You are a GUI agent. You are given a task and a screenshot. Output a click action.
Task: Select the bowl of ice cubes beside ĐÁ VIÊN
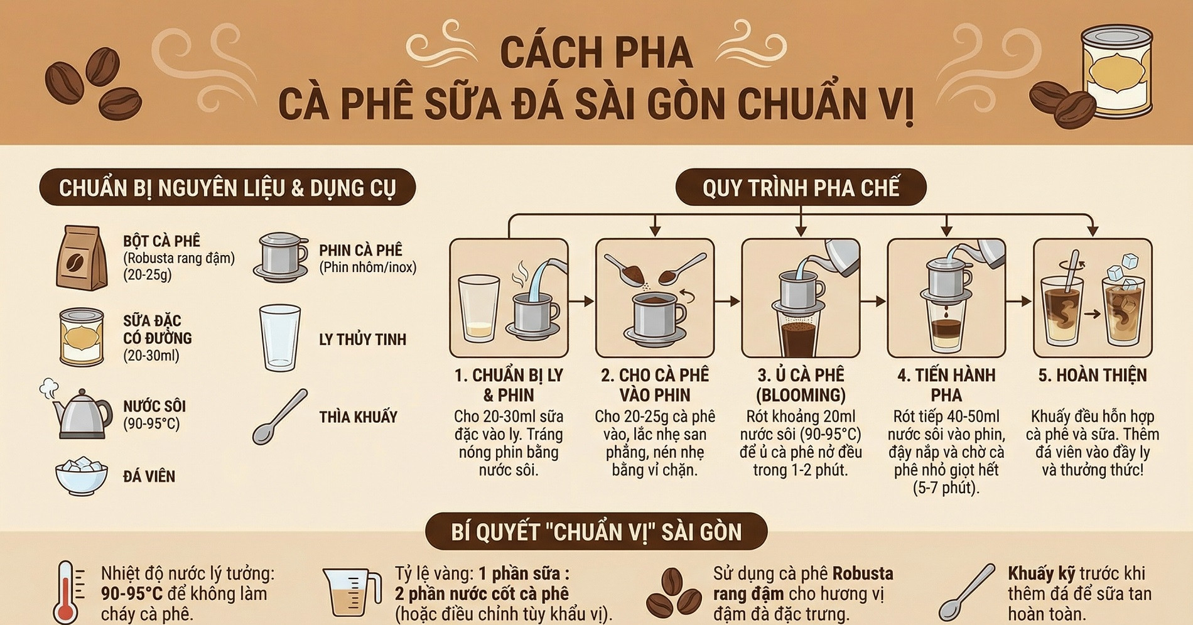tap(81, 477)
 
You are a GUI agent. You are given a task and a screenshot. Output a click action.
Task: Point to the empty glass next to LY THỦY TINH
tap(279, 338)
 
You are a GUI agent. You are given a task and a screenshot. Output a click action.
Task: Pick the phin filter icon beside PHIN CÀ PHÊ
tap(281, 257)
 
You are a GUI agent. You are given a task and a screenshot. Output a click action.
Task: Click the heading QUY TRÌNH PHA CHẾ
tap(801, 188)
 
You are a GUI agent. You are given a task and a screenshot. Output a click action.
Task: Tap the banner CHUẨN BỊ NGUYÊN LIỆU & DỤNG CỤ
tap(227, 188)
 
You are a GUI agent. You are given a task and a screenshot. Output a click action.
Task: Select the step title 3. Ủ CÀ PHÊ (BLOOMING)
tap(801, 385)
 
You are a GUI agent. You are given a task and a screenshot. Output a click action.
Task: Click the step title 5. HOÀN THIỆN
tap(1092, 376)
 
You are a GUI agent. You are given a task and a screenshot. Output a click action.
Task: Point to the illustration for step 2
tap(655, 298)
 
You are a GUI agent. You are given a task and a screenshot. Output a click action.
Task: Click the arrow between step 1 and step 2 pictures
tap(582, 302)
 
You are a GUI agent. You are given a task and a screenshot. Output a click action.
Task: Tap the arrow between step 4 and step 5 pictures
tap(1020, 302)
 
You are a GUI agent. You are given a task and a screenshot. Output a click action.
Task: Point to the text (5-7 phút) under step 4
tap(946, 488)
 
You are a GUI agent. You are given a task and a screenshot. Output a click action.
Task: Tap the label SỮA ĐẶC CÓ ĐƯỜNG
tap(157, 330)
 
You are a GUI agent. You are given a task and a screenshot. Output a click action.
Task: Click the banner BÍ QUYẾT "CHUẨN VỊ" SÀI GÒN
tap(596, 532)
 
